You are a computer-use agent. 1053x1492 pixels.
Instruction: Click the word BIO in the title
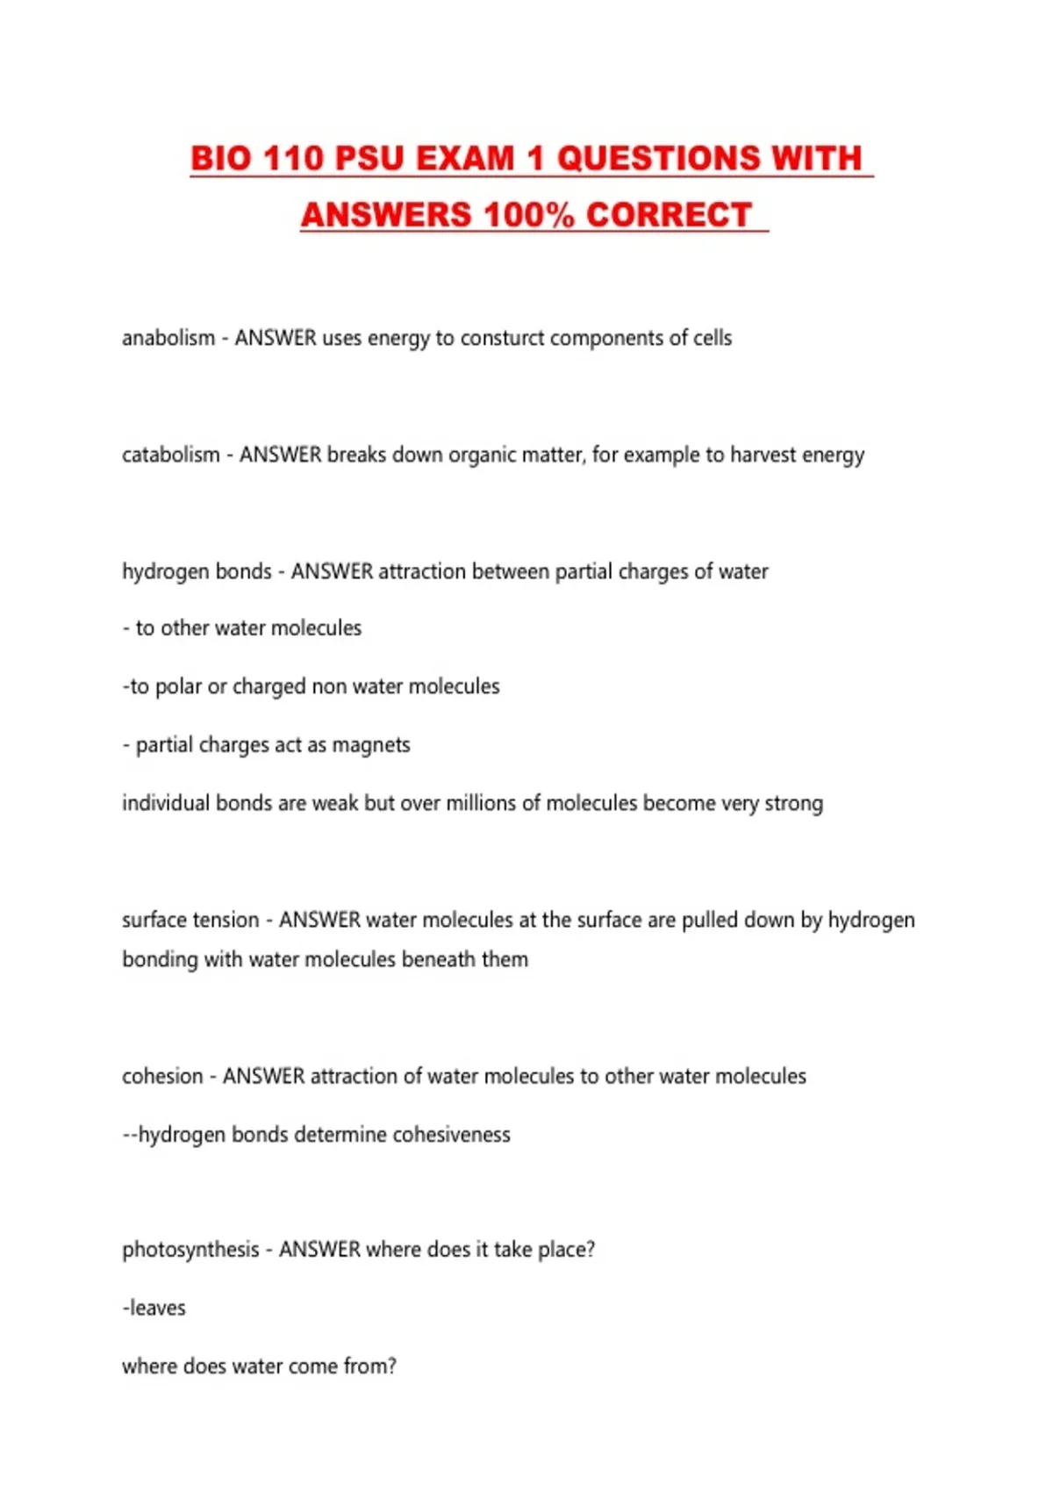(x=220, y=159)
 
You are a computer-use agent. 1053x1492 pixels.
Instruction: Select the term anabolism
(x=168, y=338)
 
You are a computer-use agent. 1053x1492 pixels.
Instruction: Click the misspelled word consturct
(x=502, y=338)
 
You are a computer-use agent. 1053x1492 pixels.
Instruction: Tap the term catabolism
(x=171, y=455)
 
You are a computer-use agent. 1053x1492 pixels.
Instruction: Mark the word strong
(x=793, y=803)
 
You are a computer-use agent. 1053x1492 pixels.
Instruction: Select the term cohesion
(x=162, y=1076)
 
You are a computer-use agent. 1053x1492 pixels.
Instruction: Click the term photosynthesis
(x=190, y=1250)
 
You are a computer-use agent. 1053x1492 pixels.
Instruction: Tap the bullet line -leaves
(x=154, y=1308)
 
